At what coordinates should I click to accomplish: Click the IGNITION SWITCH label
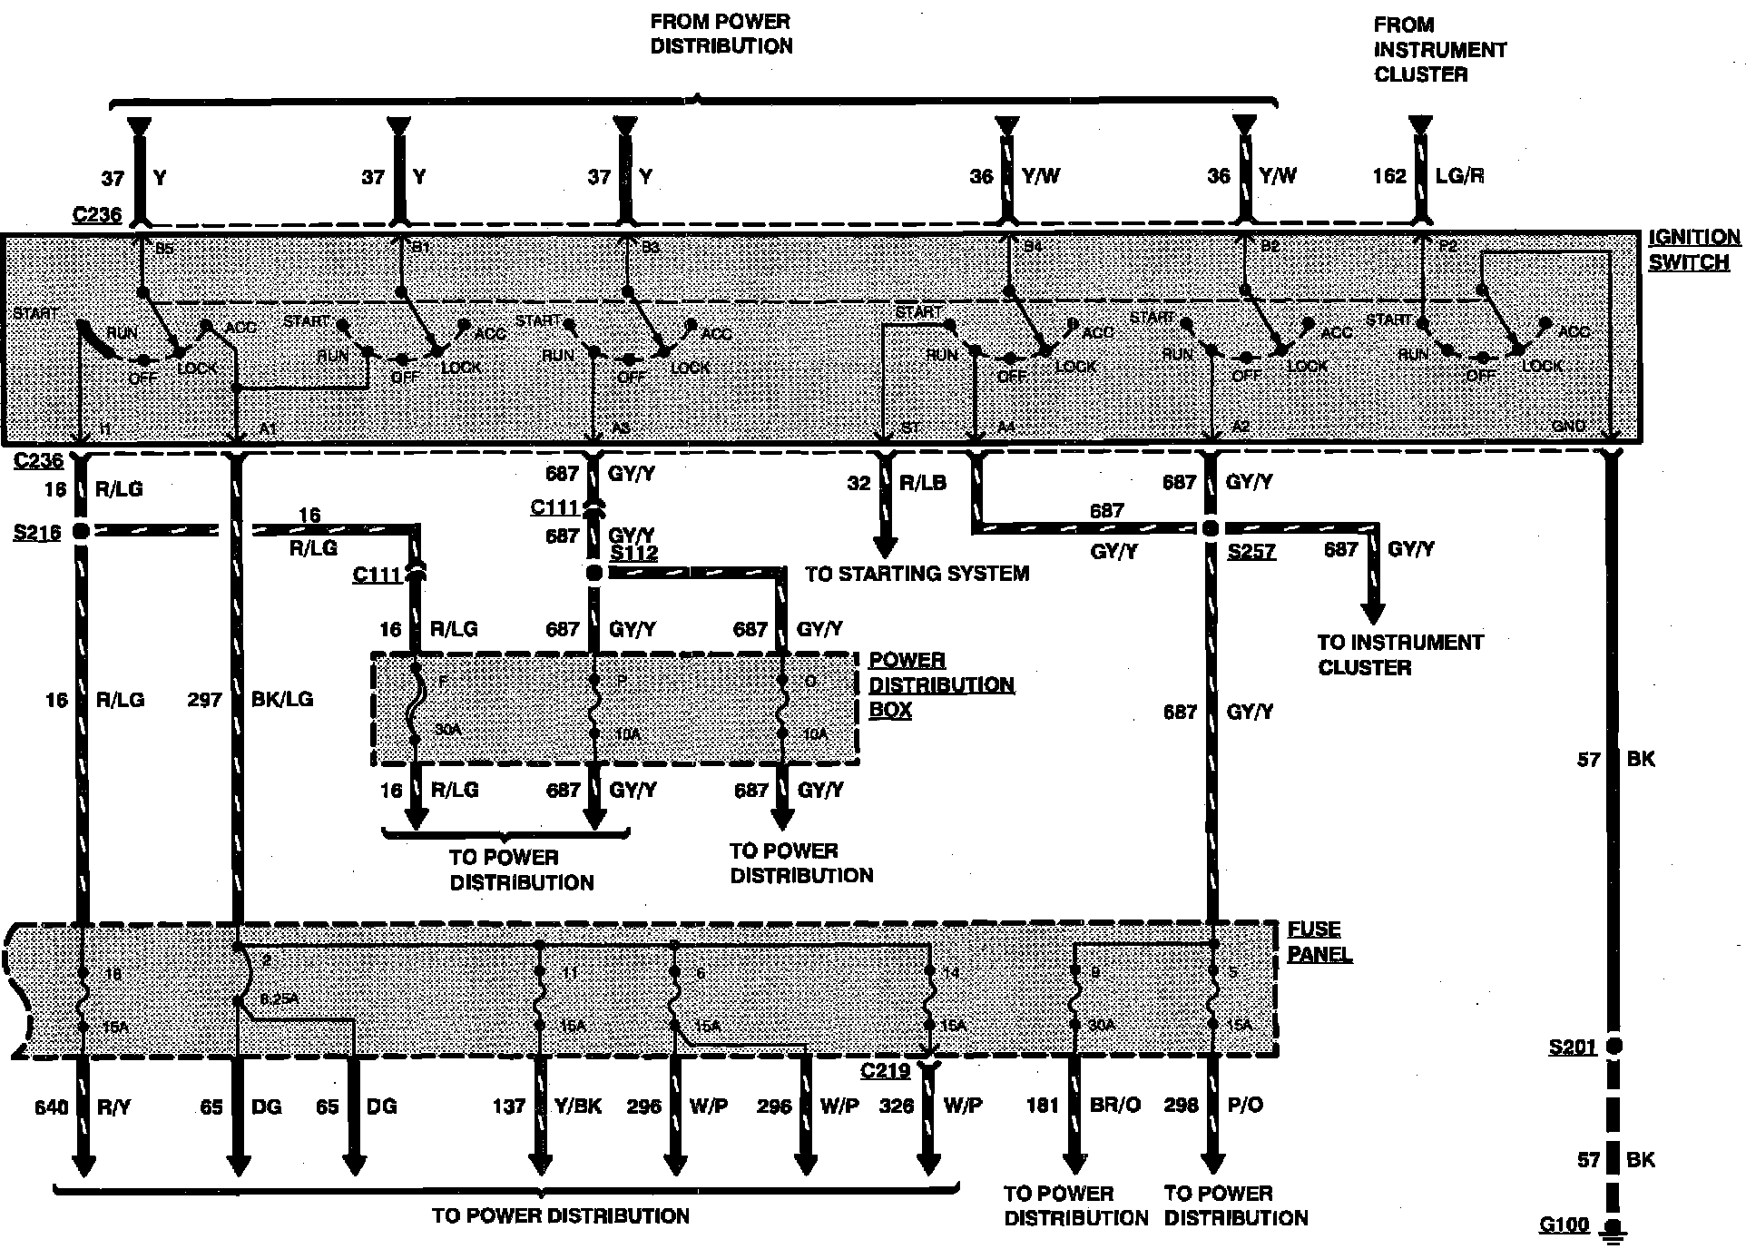(1693, 251)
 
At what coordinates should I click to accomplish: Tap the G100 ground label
(1565, 1224)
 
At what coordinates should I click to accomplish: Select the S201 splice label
(1572, 1047)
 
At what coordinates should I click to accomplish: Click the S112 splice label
(633, 554)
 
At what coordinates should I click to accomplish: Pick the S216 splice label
(37, 532)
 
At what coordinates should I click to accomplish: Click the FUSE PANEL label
(1319, 942)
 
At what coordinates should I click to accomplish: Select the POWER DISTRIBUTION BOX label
(941, 684)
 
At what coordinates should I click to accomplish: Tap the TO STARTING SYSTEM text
(917, 574)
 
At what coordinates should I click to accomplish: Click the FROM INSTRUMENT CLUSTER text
(1439, 50)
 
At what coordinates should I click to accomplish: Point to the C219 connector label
(885, 1071)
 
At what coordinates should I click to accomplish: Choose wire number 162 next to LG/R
(1388, 176)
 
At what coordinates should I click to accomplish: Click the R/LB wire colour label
(922, 484)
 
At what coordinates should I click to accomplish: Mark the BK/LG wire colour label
(281, 700)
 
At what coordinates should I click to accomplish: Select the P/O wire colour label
(1244, 1106)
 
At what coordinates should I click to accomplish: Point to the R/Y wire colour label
(114, 1106)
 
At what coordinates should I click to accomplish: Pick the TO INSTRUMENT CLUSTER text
(1399, 654)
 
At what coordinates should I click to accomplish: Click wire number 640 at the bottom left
(52, 1106)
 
